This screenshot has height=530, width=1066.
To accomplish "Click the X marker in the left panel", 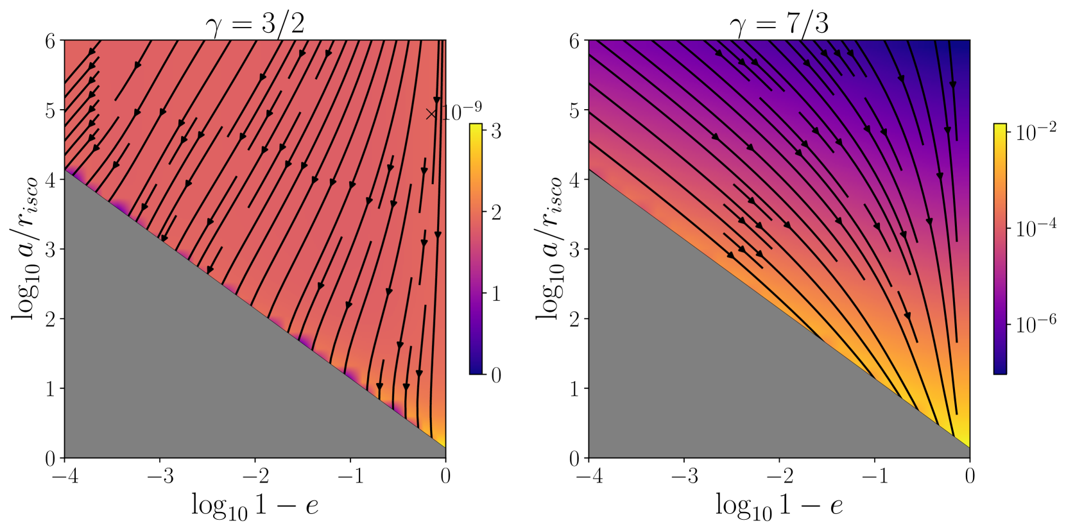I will coord(431,114).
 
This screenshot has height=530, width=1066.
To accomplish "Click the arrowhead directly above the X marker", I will coord(437,101).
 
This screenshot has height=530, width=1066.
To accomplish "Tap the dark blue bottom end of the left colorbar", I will coord(476,370).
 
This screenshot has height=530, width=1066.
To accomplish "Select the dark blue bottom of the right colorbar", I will coord(1000,370).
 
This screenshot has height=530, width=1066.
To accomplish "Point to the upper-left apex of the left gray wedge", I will coord(65,171).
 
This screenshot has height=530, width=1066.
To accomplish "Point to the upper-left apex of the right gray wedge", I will coord(590,169).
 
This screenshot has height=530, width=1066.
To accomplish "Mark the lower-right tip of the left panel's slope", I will coord(444,447).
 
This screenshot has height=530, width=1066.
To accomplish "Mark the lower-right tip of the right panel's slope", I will coord(968,447).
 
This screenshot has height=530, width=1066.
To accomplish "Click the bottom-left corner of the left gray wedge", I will coord(66,456).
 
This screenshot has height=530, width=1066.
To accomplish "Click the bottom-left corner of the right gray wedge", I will coord(590,456).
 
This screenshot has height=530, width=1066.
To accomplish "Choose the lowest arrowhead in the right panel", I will coord(907,316).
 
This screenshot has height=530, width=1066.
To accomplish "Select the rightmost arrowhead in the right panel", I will coord(953,85).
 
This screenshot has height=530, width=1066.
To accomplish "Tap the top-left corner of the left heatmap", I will coord(66,42).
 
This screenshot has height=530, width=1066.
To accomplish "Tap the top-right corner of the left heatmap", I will coord(443,42).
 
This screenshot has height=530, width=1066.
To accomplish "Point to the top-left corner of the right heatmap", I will coord(590,42).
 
